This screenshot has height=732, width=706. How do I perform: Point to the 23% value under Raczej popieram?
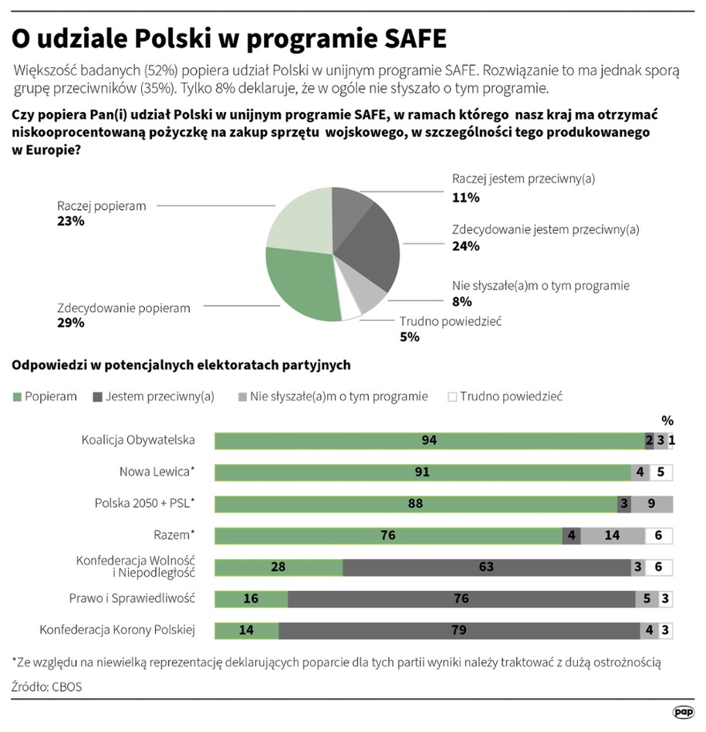tap(70, 221)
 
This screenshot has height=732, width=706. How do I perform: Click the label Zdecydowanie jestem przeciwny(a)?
tap(546, 229)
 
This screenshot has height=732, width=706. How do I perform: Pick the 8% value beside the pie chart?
tap(461, 302)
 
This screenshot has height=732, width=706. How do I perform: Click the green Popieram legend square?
tap(17, 397)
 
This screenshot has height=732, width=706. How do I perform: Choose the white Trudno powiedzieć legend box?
tap(452, 397)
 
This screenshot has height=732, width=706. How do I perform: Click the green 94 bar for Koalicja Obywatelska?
tap(429, 441)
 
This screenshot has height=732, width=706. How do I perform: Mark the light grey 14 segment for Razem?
tap(613, 535)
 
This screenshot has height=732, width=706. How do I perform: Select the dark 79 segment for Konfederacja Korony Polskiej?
tap(458, 630)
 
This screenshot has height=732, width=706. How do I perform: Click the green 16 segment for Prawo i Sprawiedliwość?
tap(251, 598)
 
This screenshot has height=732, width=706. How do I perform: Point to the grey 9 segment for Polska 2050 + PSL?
tap(652, 504)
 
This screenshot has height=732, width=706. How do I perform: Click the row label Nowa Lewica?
tap(156, 472)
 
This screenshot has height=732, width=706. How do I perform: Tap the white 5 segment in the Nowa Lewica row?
tap(660, 473)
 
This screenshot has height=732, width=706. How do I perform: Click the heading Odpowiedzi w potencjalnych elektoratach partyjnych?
tap(181, 364)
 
